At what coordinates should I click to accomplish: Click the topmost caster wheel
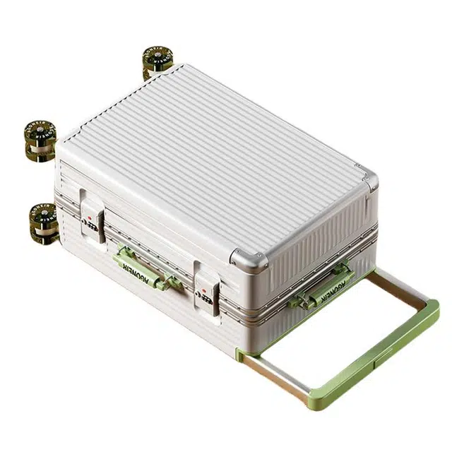157,61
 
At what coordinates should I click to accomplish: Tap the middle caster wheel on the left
40,138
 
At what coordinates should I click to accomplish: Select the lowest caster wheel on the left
42,222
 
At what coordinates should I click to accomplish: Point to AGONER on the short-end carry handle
328,284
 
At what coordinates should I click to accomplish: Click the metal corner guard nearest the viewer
249,261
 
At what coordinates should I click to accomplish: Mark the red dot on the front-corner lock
203,289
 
